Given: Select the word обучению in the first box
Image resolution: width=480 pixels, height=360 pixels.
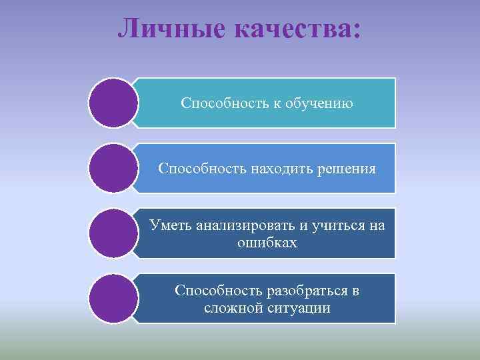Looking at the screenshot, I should tap(319, 103).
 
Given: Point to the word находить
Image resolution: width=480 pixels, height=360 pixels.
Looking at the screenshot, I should tap(280, 169).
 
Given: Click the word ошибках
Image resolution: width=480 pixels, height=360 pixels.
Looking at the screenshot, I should tap(267, 243).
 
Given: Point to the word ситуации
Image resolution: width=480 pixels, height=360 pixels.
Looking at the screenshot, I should tap(297, 309).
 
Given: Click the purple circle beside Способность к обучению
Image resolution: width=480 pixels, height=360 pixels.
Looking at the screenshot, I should tap(113, 103).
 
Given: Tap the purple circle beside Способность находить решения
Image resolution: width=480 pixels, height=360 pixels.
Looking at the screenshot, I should tap(113, 169).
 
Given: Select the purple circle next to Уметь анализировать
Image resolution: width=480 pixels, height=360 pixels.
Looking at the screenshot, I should tap(113, 233).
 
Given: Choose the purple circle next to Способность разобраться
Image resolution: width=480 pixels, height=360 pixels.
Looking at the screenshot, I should tap(113, 299).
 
